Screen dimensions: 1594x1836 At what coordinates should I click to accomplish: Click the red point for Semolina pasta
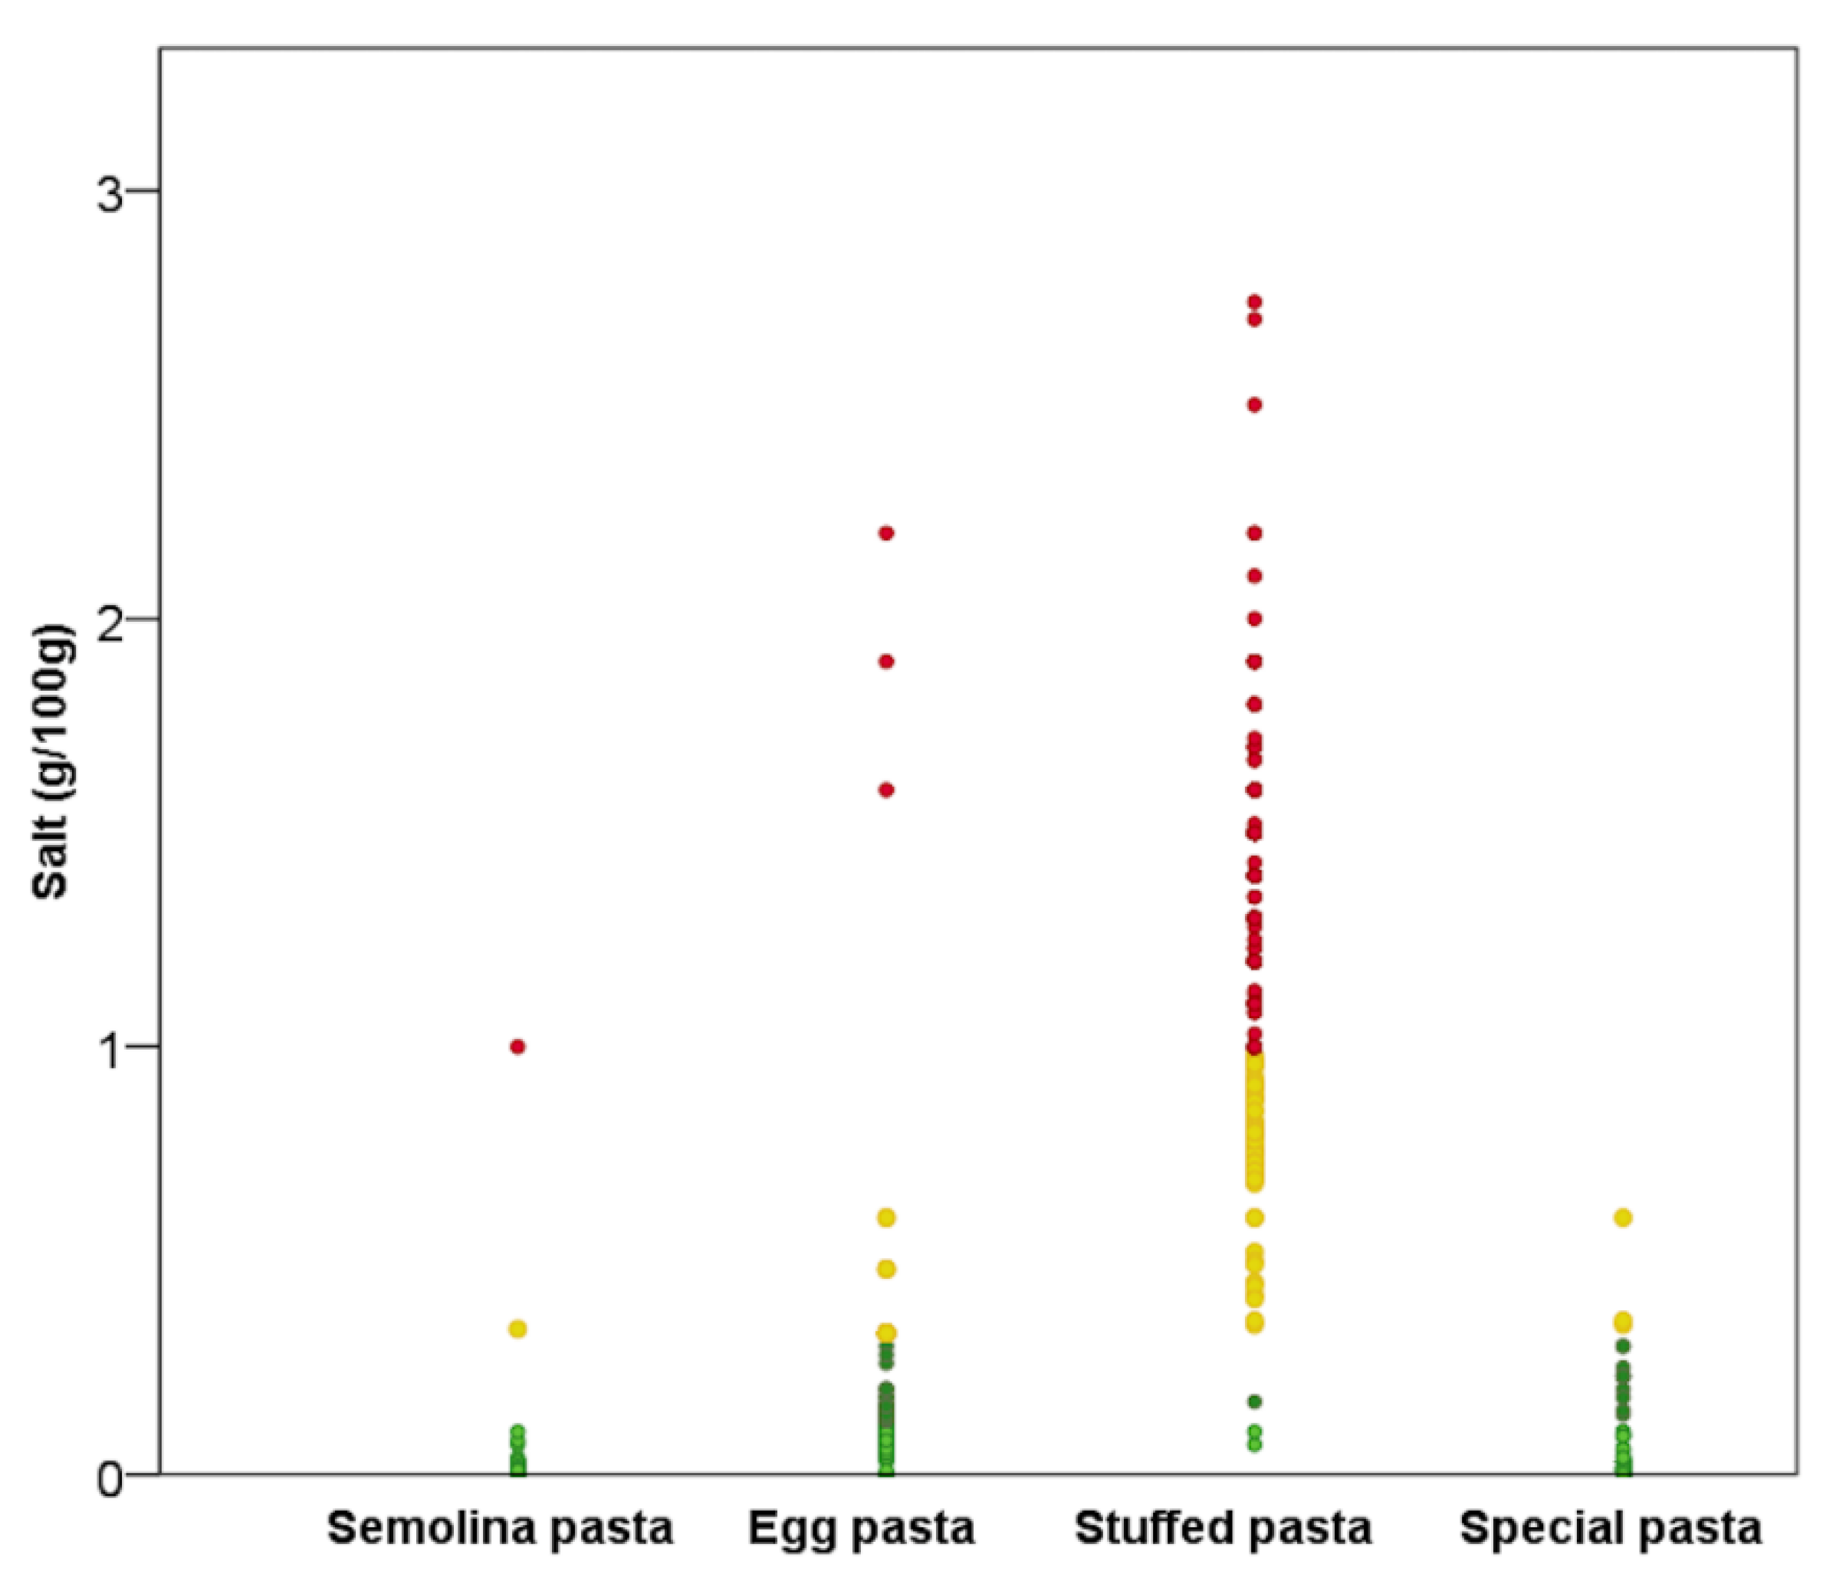pos(517,1047)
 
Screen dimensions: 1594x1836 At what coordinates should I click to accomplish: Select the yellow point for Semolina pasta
pos(517,1329)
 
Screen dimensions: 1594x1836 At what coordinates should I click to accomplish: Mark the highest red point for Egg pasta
pos(886,534)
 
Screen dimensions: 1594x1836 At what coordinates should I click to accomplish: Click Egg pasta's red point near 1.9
pos(886,662)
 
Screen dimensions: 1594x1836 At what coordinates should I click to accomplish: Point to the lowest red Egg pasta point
pos(886,790)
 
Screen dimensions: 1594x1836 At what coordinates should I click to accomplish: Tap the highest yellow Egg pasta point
pos(886,1218)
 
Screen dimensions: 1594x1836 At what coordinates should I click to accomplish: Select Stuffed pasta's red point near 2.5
pos(1254,406)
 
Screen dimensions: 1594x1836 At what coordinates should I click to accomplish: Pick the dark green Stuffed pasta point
pos(1254,1402)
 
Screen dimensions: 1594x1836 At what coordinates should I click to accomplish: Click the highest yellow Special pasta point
pos(1623,1218)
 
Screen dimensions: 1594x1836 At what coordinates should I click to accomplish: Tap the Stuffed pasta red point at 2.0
pos(1254,619)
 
